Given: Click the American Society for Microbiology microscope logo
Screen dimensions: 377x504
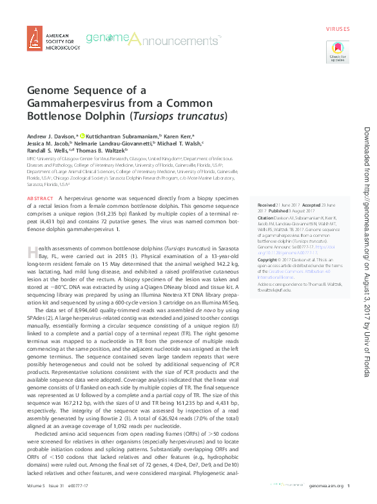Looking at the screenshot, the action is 35,39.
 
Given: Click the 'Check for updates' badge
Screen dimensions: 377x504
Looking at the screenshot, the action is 338,51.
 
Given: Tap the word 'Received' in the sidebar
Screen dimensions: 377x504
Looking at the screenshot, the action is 267,204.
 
